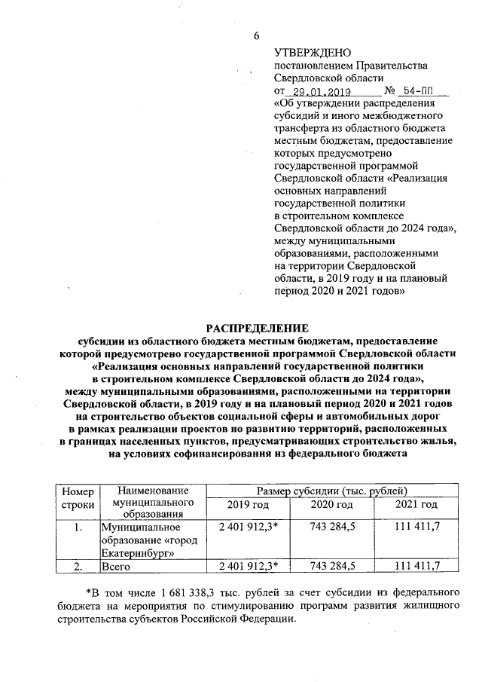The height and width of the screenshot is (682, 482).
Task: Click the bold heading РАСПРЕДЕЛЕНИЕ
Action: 258,328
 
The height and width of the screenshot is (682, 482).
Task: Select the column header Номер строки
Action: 77,497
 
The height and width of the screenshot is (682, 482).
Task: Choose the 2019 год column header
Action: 248,504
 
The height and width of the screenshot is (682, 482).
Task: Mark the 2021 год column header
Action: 416,504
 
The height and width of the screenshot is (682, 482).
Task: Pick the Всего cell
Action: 116,565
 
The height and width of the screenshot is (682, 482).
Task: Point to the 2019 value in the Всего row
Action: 248,565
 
